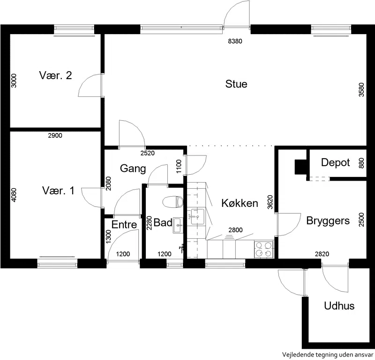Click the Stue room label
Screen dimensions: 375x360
(x=236, y=84)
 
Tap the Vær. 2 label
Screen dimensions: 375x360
(x=55, y=75)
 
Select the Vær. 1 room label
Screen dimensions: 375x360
(x=58, y=191)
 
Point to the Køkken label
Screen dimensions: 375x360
(x=240, y=203)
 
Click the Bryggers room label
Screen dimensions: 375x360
(x=328, y=221)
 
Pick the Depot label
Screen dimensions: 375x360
(x=335, y=163)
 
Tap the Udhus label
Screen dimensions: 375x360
(x=339, y=306)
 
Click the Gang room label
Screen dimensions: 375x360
(x=133, y=169)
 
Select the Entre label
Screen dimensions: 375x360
(x=124, y=225)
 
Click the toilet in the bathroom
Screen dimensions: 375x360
(x=173, y=202)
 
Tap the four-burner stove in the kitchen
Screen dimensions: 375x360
(x=264, y=249)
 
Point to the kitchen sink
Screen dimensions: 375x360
(x=197, y=217)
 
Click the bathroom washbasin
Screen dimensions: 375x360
(x=178, y=225)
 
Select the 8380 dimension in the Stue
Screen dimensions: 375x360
(x=235, y=41)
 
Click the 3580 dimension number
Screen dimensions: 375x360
(x=361, y=89)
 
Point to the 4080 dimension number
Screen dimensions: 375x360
(x=14, y=195)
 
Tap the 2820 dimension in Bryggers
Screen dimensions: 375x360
(x=322, y=254)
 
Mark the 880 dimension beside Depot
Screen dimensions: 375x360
(x=361, y=163)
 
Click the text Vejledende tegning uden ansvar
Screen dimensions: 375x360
(x=328, y=355)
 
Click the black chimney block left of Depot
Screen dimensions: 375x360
(x=300, y=167)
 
